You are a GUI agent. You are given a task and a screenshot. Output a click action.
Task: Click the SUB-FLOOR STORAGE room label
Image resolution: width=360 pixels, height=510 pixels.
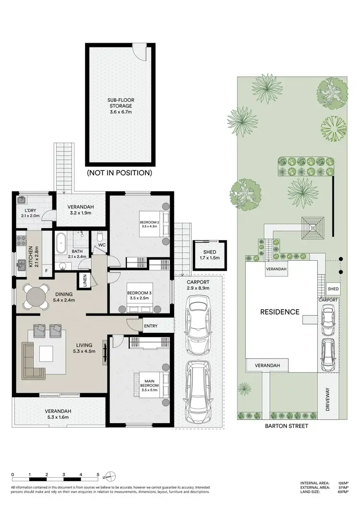click(x=120, y=106)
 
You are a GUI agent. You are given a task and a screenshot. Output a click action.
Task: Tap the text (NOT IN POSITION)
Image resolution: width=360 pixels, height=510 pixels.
click(x=120, y=172)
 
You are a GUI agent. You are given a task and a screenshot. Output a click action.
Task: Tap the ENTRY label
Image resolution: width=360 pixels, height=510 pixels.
click(x=150, y=326)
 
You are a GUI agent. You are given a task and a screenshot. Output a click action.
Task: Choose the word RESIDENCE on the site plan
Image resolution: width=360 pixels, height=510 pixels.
click(x=279, y=312)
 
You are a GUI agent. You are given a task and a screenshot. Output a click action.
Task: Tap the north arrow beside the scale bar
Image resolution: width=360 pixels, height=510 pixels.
click(x=110, y=476)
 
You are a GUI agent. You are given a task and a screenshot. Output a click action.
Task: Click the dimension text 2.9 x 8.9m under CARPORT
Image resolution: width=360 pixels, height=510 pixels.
click(x=198, y=289)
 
